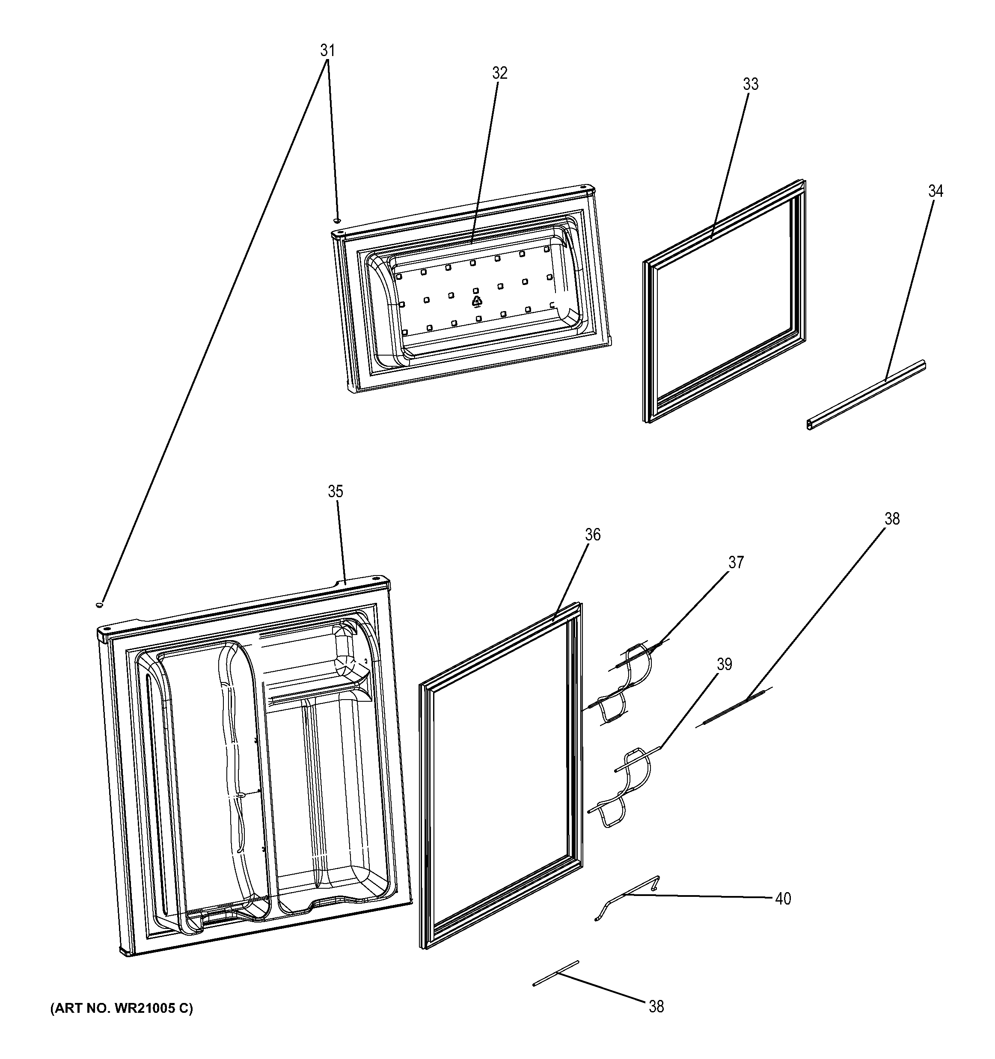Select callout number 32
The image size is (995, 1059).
point(499,73)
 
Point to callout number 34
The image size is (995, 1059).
point(936,191)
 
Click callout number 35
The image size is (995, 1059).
point(335,491)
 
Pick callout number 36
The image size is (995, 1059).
point(592,534)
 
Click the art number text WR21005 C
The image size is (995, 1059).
point(122,1009)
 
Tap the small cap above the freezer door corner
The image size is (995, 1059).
point(337,220)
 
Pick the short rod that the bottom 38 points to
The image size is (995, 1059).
point(555,973)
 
